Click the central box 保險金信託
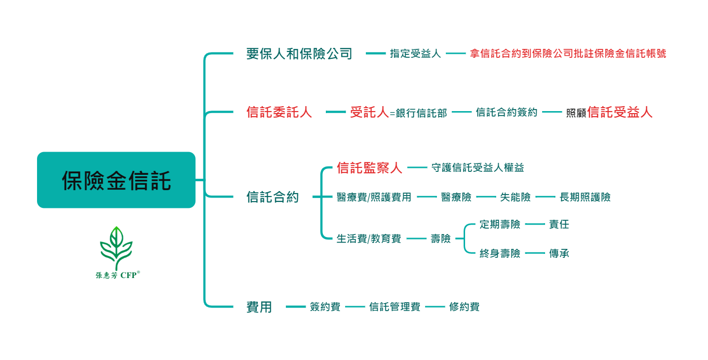[116, 180]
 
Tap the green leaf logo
[117, 247]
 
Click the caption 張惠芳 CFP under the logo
[118, 275]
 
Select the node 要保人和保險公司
[299, 54]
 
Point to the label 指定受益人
[415, 54]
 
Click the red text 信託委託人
[279, 113]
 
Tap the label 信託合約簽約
[507, 113]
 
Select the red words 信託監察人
[369, 168]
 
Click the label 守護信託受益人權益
[477, 168]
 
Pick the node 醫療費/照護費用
[374, 198]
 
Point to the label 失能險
[515, 198]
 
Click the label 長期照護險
[585, 198]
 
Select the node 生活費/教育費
[368, 239]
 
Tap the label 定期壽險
[500, 225]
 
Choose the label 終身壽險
[500, 254]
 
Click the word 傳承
[559, 254]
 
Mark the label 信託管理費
[394, 307]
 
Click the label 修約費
[464, 307]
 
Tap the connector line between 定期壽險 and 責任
[535, 225]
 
